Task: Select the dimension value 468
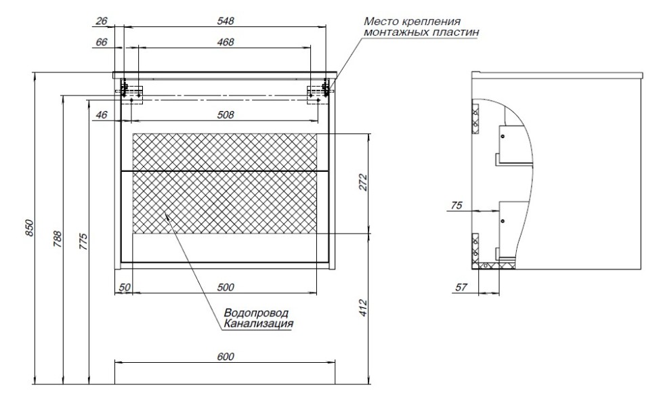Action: click(x=226, y=42)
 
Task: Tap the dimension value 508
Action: click(x=226, y=115)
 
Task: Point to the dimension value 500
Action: click(x=226, y=287)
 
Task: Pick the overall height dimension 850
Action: click(x=29, y=229)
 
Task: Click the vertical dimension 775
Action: click(x=83, y=242)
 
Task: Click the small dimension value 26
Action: click(x=102, y=21)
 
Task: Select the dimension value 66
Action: click(x=102, y=42)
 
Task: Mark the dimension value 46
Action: click(x=102, y=115)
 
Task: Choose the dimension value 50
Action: click(x=124, y=287)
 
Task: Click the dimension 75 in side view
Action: click(x=457, y=206)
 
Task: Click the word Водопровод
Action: click(x=255, y=313)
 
